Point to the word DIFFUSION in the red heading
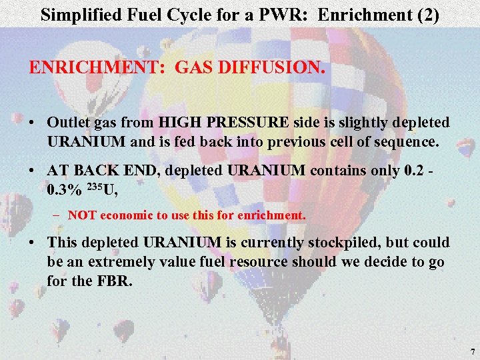267,68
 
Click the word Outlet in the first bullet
67,123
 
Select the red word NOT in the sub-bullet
81,215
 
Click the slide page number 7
472,351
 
